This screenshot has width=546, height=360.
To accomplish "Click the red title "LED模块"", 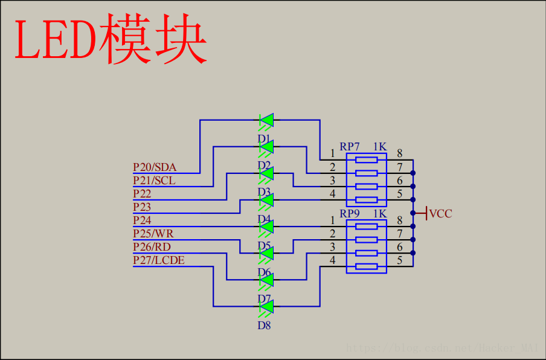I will [111, 41].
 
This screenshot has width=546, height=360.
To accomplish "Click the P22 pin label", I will [142, 194].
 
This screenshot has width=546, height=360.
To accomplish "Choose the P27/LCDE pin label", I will [159, 260].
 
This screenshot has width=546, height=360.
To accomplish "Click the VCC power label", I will [440, 214].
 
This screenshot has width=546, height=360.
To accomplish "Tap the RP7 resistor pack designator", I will [350, 147].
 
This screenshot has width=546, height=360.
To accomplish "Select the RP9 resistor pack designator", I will [350, 214].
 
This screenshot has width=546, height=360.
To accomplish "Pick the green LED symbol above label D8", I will [266, 307].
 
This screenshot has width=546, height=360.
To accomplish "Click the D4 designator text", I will [264, 219].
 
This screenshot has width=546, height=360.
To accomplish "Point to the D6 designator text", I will [264, 272].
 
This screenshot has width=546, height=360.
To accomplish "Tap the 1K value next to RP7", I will [379, 147].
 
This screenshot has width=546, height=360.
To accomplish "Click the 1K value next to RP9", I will [379, 214].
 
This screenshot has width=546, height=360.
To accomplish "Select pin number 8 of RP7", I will [399, 153].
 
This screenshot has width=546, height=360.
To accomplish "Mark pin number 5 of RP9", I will [399, 261].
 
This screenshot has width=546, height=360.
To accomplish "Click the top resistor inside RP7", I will [367, 160].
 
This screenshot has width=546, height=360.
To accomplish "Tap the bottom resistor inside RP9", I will [367, 266].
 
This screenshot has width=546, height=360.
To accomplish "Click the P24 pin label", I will [142, 220].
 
